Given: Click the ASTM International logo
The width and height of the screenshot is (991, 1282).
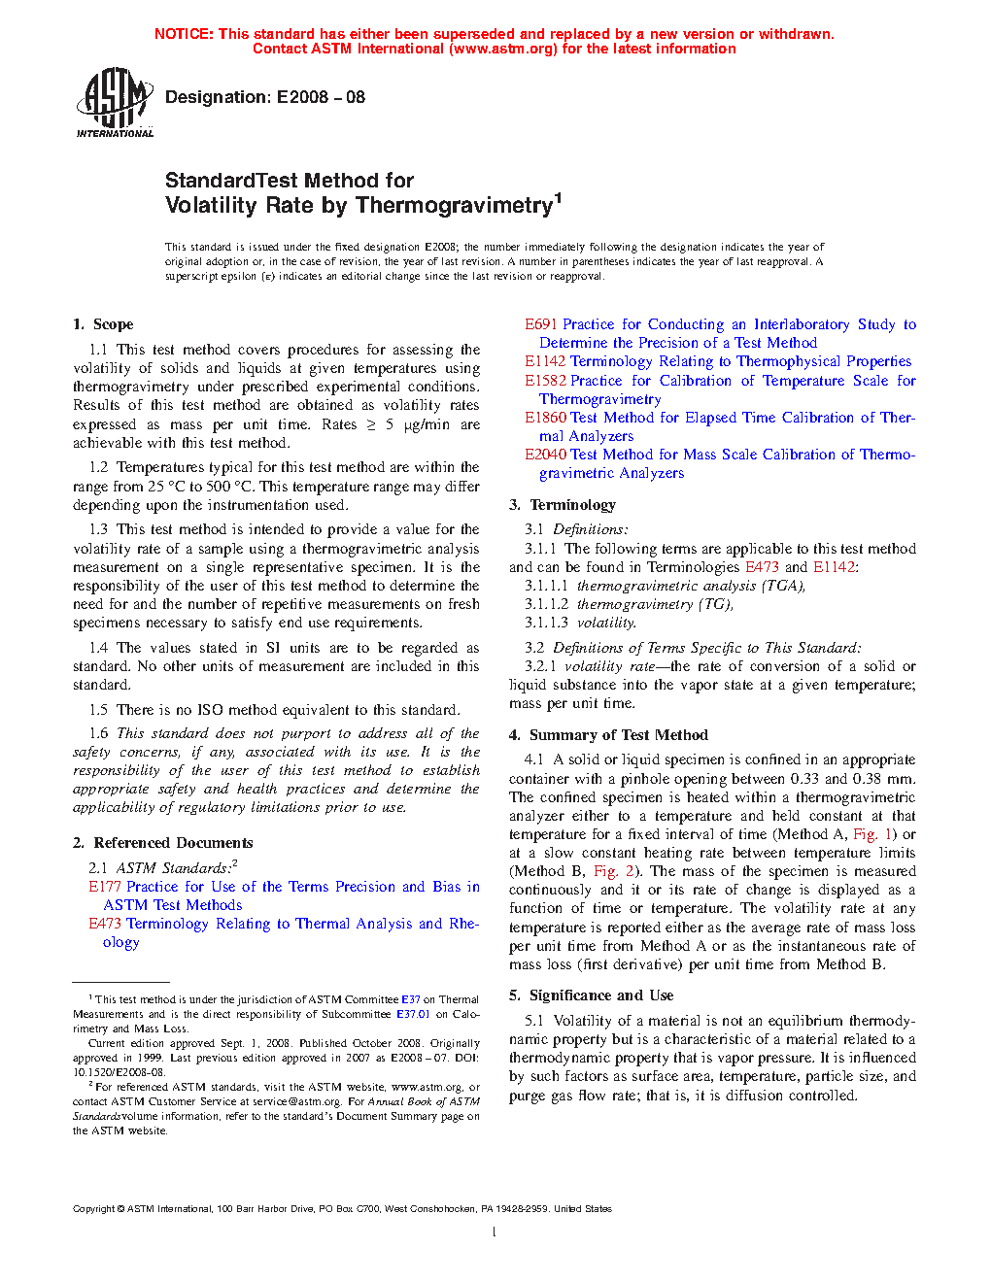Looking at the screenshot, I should (115, 102).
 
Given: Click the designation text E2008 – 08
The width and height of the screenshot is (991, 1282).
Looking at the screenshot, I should (321, 97).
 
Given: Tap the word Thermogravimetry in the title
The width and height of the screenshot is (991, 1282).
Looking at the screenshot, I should (455, 206).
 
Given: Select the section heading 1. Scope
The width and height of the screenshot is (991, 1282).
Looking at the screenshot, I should (103, 324).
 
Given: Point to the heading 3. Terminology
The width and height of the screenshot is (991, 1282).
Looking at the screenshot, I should (563, 505).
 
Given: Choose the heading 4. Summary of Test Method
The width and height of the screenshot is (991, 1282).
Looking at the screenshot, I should (608, 735).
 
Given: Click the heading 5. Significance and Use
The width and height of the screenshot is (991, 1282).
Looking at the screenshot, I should (591, 995).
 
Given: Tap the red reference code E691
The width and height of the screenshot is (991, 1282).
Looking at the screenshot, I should (541, 324).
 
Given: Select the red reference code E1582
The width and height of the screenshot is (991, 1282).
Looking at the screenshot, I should (545, 381).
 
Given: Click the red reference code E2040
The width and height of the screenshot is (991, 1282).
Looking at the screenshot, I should (545, 455).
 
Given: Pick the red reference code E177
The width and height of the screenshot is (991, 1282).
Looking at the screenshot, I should (105, 887).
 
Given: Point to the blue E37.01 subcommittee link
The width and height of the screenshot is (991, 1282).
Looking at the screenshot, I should (413, 1014).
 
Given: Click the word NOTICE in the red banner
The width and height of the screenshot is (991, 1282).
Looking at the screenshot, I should (184, 34).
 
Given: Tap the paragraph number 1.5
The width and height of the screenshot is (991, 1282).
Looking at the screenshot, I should (98, 710).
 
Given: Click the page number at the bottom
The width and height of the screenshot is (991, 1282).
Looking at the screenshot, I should (495, 1232).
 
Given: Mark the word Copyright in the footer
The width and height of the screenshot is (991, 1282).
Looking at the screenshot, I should (94, 1209).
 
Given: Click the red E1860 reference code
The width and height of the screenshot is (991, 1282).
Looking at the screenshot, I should (545, 418).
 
